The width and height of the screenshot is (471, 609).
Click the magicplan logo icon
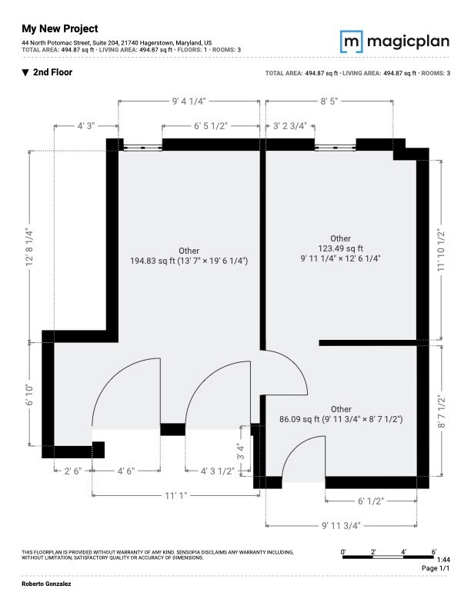coord(352,41)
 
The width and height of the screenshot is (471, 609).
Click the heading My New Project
coord(60,28)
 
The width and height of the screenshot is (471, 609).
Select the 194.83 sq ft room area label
coord(189,256)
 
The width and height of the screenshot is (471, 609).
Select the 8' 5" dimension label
coord(329,101)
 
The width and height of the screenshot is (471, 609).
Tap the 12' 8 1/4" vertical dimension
coord(29,246)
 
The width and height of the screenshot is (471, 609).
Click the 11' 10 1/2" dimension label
coord(441,250)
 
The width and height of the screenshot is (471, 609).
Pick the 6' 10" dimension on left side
coord(29,394)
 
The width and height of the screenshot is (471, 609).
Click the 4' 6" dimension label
coord(126,471)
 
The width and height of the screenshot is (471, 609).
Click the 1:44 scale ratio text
coord(443,559)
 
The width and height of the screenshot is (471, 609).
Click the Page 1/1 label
coord(435,567)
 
